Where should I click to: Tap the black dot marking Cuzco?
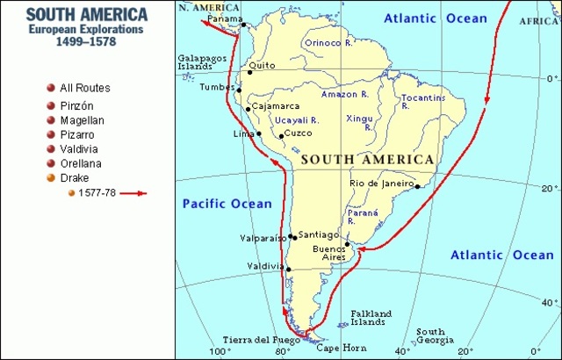pyautogui.click(x=281, y=136)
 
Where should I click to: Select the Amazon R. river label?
pyautogui.click(x=344, y=94)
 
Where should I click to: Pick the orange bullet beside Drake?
pyautogui.click(x=51, y=178)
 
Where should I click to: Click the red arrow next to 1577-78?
pyautogui.click(x=133, y=193)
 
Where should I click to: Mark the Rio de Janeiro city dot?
pyautogui.click(x=417, y=185)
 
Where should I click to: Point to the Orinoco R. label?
pyautogui.click(x=329, y=41)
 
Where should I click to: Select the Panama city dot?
pyautogui.click(x=243, y=25)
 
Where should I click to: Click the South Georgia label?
pyautogui.click(x=430, y=337)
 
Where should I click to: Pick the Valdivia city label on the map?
pyautogui.click(x=265, y=266)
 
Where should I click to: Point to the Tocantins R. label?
pyautogui.click(x=418, y=102)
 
